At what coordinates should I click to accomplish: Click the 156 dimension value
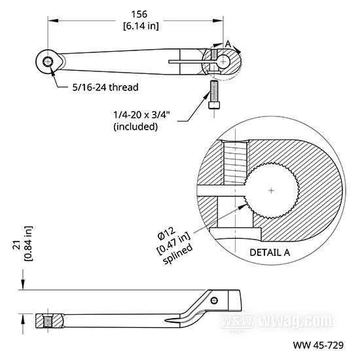tap(139, 14)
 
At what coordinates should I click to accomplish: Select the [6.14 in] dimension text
tap(141, 26)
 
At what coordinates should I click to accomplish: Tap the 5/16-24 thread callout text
tap(105, 87)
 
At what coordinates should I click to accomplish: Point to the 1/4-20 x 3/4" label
tap(141, 115)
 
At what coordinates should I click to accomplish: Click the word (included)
tap(135, 126)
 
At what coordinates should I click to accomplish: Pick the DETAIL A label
tap(270, 253)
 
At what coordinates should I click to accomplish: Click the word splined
tap(177, 254)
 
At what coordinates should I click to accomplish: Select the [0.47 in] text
tap(173, 243)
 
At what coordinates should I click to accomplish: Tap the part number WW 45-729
tap(318, 345)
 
